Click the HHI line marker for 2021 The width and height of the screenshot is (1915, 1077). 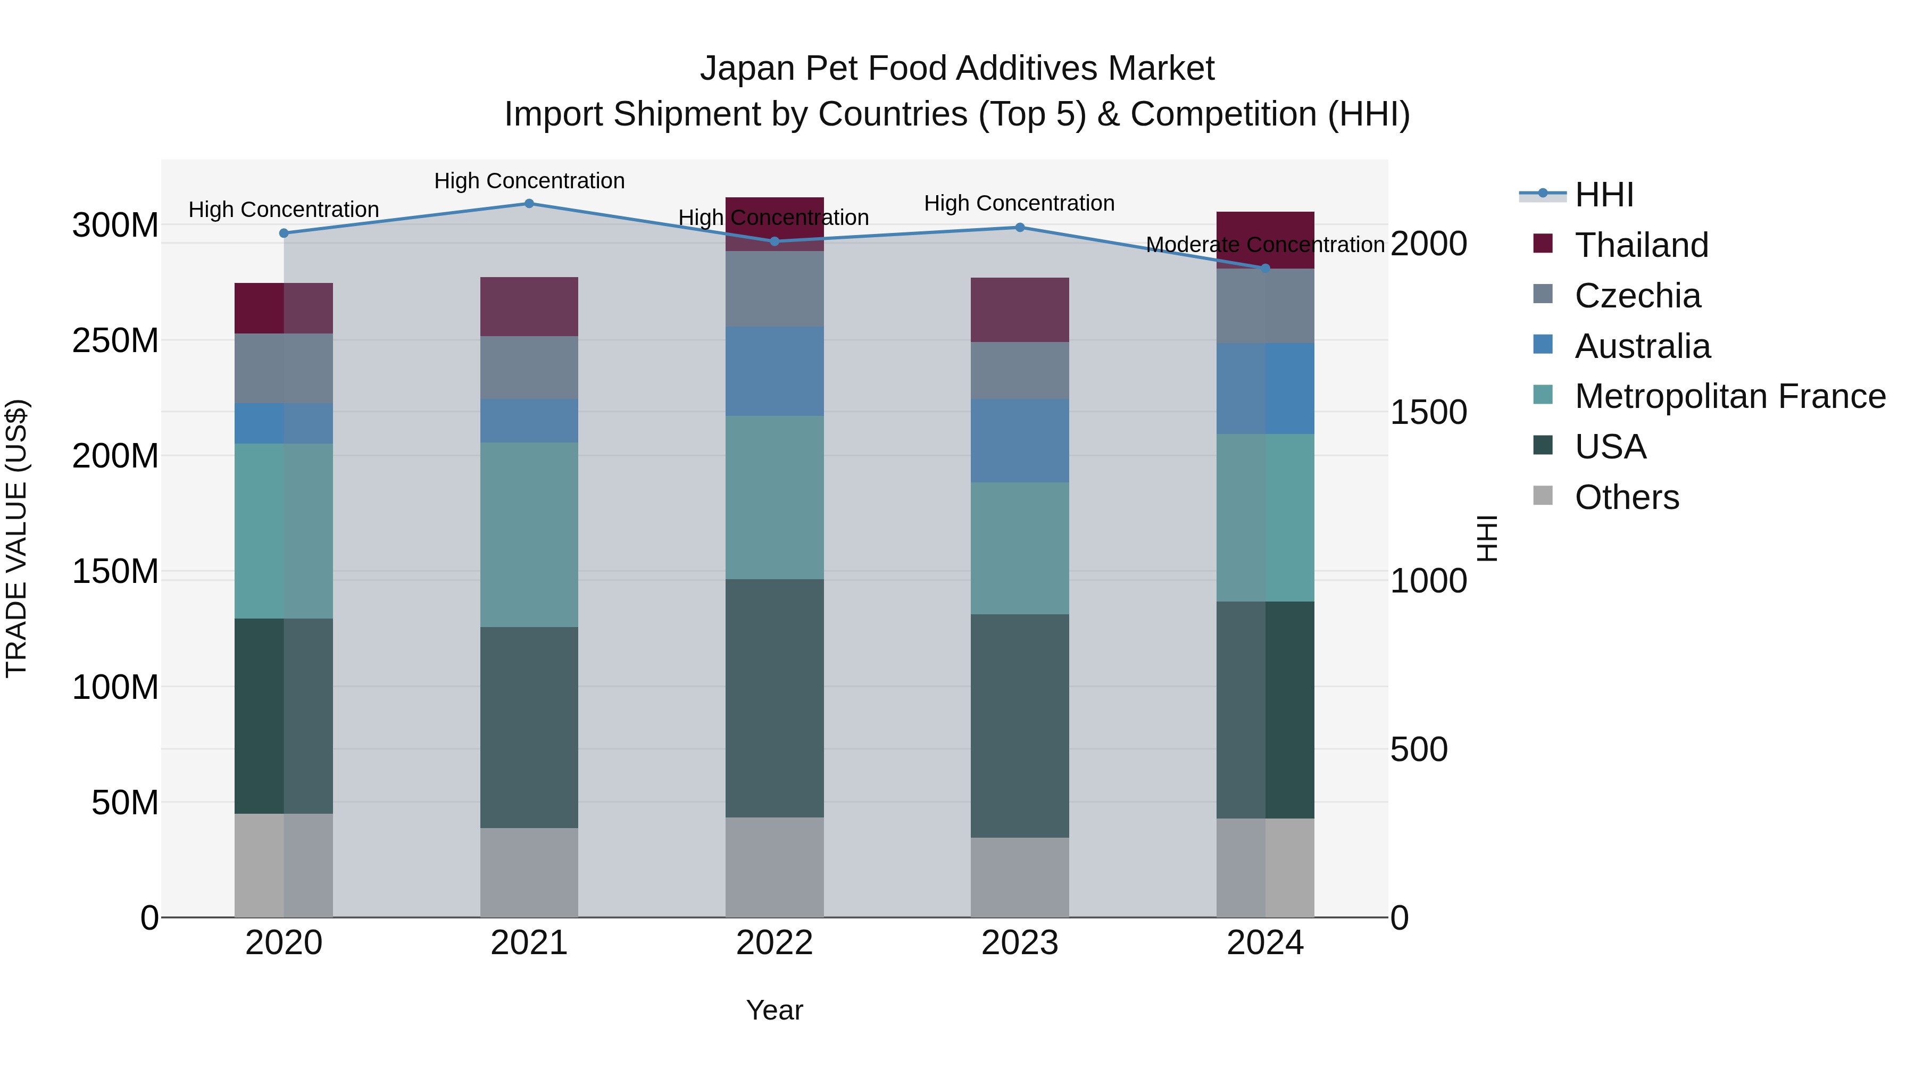pos(529,204)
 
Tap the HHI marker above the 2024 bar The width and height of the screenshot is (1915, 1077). pos(1265,269)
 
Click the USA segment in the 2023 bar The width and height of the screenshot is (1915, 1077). pos(1020,725)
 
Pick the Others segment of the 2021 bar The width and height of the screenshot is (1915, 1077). pos(529,873)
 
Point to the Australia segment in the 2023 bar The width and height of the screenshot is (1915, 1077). pos(1020,441)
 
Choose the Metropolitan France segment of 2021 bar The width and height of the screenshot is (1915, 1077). pos(529,535)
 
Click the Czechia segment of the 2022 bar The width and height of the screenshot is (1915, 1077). pos(775,289)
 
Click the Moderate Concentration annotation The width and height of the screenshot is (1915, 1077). pos(1265,245)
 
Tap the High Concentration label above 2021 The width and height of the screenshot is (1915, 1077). pos(529,181)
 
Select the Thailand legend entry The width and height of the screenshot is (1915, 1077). pos(1642,245)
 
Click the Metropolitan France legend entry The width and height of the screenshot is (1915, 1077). pos(1729,396)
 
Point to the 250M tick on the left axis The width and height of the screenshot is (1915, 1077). pos(115,340)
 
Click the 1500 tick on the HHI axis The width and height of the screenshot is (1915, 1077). pos(1428,413)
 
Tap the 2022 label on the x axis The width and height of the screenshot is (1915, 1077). pos(775,943)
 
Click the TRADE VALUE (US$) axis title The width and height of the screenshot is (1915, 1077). pos(16,538)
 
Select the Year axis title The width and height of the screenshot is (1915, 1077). pos(775,1010)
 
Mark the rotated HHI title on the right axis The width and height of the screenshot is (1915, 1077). pos(1487,538)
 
